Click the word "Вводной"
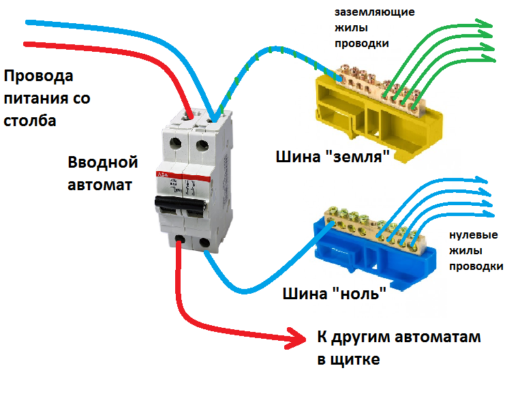(x=103, y=162)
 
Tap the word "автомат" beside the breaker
(x=100, y=185)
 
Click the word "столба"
(x=30, y=121)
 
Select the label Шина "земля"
(x=333, y=157)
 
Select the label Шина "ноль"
(x=334, y=294)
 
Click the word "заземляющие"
(x=375, y=12)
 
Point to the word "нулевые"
(x=474, y=235)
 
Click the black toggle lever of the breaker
(x=180, y=204)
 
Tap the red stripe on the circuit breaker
(x=183, y=177)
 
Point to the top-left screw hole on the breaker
(x=175, y=144)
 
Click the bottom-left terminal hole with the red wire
(x=180, y=240)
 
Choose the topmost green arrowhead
(x=485, y=24)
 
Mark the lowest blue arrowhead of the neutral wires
(x=487, y=214)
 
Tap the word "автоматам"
(x=438, y=337)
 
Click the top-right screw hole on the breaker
(x=202, y=146)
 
